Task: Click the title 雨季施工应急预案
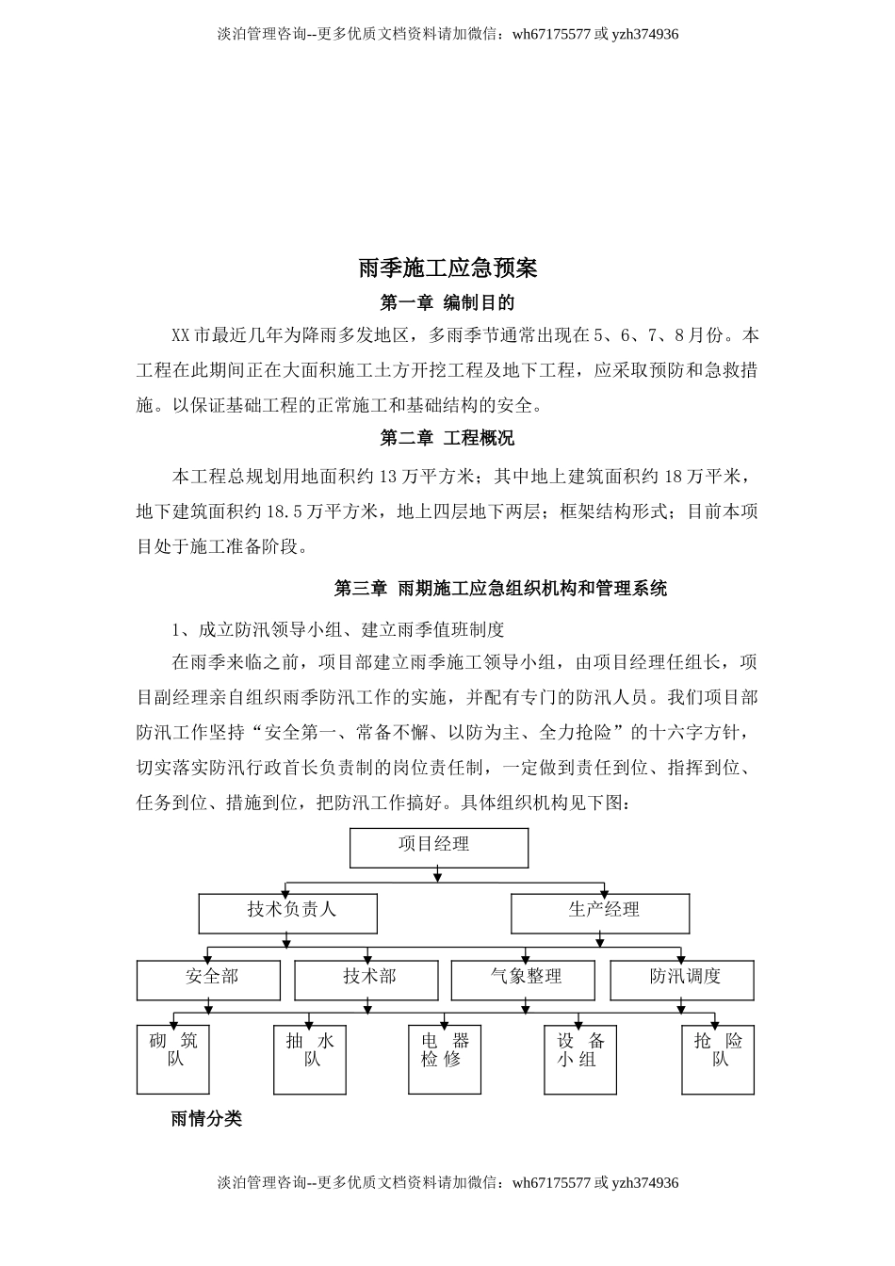click(447, 268)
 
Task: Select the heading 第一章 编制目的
click(447, 302)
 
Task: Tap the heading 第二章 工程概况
click(447, 438)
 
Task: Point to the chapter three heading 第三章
click(361, 589)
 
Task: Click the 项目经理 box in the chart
click(439, 847)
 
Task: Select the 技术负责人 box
click(287, 913)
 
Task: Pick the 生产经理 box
click(600, 913)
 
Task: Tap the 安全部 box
click(208, 980)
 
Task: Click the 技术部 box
click(366, 980)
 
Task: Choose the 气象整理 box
click(524, 980)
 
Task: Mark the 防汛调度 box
click(682, 980)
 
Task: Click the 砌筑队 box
click(172, 1059)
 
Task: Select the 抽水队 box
click(310, 1059)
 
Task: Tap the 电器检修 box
click(445, 1059)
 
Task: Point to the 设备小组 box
click(581, 1059)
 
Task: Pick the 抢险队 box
click(718, 1059)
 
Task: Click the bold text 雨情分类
click(206, 1119)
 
